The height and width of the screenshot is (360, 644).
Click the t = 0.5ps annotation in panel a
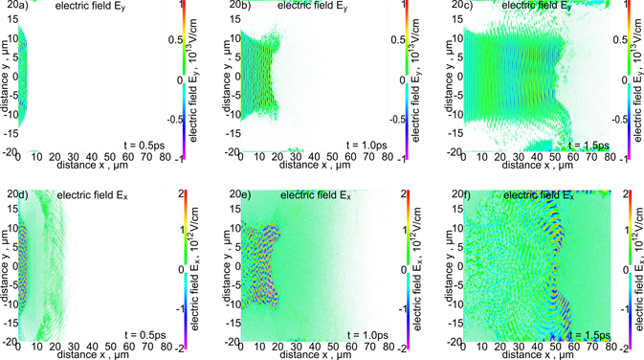[x=146, y=144]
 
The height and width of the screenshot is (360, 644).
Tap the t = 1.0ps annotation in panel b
[x=367, y=144]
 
